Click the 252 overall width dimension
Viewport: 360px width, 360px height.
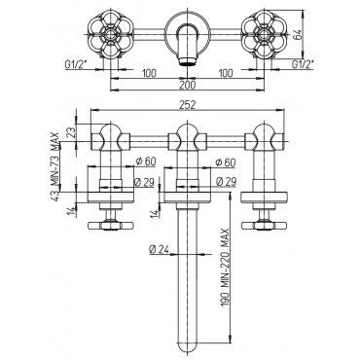187,105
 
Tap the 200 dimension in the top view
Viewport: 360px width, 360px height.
187,85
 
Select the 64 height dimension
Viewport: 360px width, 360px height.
298,34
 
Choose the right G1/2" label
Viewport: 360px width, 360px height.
303,65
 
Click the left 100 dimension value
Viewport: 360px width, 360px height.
149,73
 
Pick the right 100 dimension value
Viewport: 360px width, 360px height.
226,73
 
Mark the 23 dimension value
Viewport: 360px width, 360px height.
72,132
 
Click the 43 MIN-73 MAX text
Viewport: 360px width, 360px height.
55,166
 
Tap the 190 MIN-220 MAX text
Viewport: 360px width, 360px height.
226,269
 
